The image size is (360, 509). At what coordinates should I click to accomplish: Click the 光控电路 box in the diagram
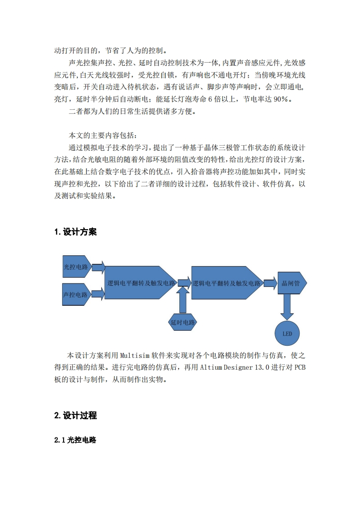(x=76, y=267)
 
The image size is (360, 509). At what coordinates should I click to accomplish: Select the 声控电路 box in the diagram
(x=75, y=294)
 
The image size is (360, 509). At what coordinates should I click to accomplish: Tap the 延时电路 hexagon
(x=182, y=323)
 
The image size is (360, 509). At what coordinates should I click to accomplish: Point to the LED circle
(x=287, y=333)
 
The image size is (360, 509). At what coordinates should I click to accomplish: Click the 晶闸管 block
(x=291, y=283)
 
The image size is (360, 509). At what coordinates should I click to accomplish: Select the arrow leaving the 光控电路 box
(x=98, y=267)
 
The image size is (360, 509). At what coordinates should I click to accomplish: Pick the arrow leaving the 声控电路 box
(x=98, y=294)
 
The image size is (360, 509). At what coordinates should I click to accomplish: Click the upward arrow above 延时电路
(x=182, y=300)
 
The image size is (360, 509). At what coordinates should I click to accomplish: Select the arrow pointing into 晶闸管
(x=270, y=283)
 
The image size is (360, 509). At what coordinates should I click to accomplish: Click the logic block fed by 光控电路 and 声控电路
(x=140, y=283)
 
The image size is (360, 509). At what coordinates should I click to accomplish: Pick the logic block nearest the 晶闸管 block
(x=226, y=283)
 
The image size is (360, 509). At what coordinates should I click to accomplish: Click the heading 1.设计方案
(x=75, y=232)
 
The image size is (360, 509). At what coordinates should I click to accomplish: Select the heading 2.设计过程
(x=75, y=416)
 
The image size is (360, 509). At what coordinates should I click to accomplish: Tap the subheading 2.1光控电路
(x=75, y=440)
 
